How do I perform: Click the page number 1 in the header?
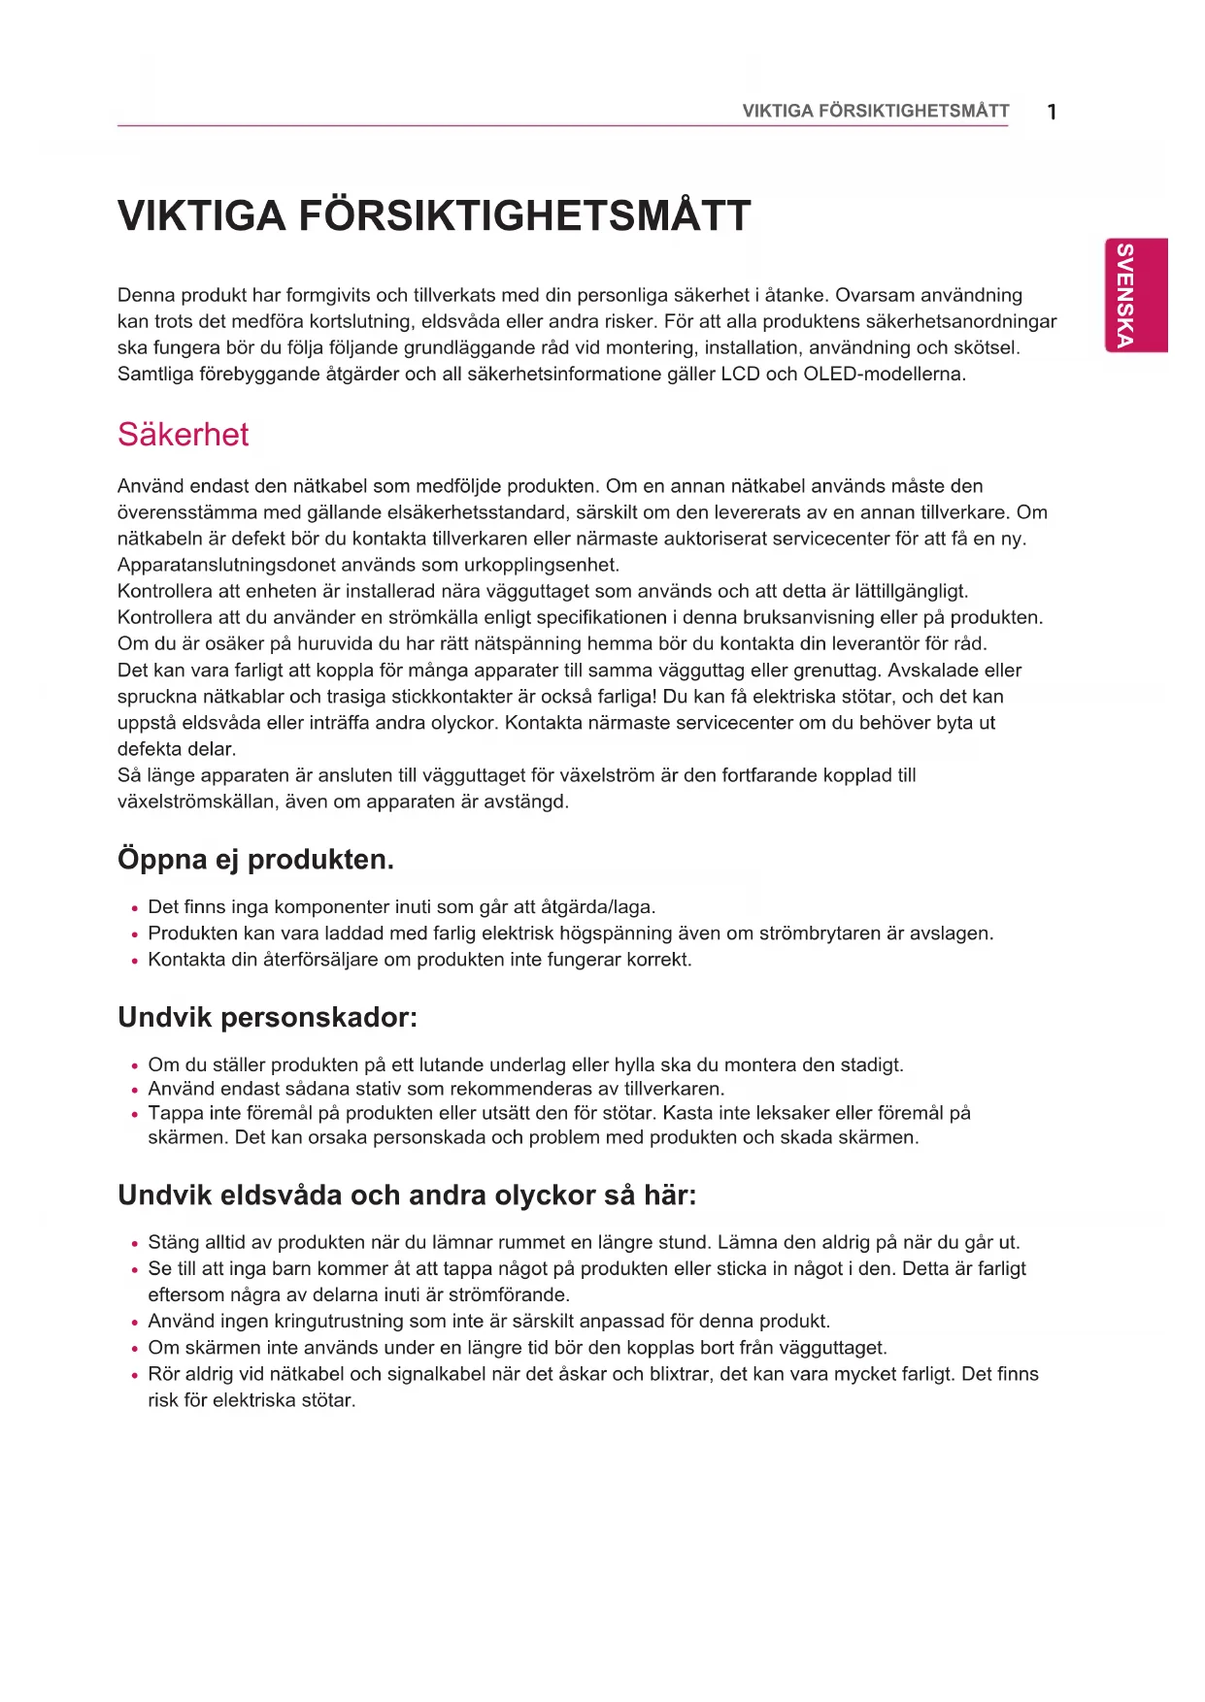point(1052,112)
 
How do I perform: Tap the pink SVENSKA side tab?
point(1136,295)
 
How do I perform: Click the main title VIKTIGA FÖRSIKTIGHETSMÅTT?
point(434,215)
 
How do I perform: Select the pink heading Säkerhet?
point(183,434)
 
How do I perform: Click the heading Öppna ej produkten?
point(255,860)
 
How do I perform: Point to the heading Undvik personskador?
point(267,1018)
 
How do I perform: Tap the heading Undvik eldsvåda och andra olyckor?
point(407,1195)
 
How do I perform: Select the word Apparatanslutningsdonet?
point(222,565)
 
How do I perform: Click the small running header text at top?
point(875,111)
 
